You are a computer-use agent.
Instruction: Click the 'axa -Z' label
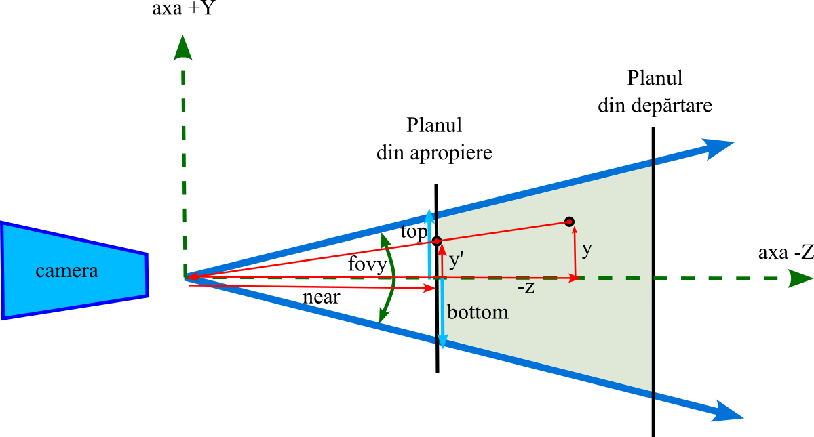(x=785, y=254)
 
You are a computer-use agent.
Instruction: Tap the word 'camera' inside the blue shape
(x=66, y=272)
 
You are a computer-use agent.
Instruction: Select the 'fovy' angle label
(x=367, y=264)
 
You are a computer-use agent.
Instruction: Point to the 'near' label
(x=321, y=297)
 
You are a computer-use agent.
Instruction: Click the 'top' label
(x=414, y=232)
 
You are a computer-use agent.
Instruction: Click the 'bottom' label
(x=478, y=313)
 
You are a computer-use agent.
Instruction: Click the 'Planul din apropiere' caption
(x=434, y=139)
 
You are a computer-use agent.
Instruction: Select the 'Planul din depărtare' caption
(x=655, y=91)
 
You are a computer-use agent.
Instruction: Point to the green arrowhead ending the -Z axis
(x=800, y=278)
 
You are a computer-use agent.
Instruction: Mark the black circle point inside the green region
(x=570, y=222)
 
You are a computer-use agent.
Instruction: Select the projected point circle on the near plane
(x=437, y=241)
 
